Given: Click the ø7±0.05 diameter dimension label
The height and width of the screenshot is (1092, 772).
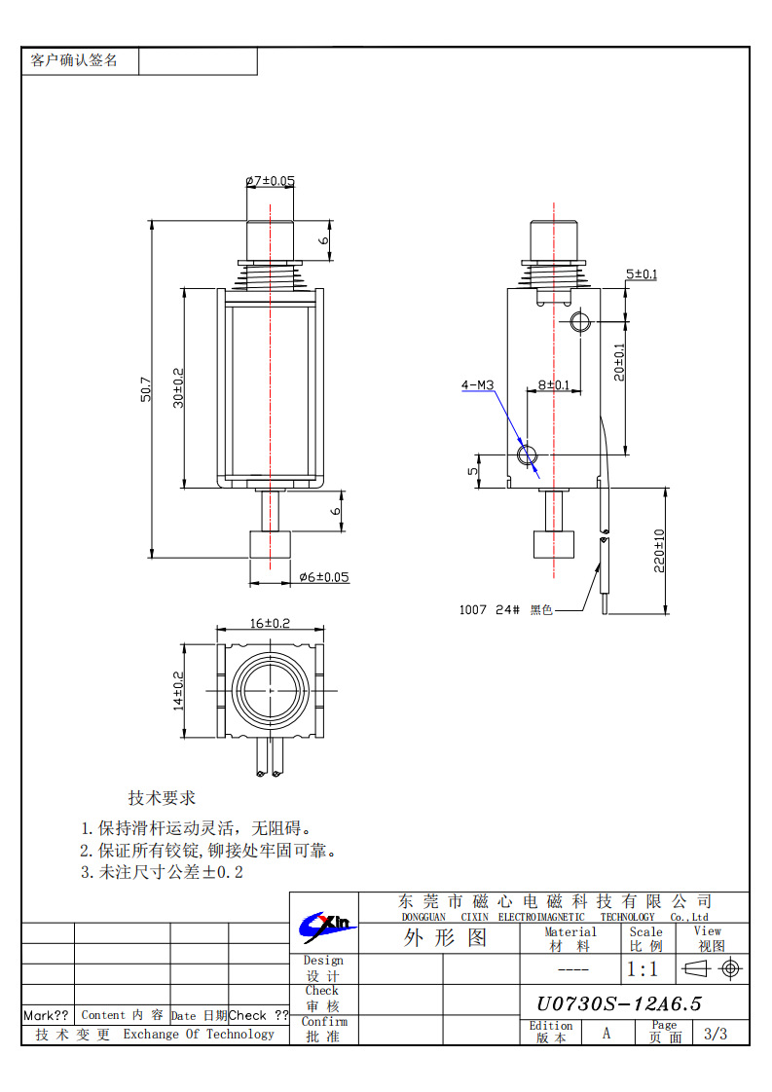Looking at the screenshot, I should (x=270, y=181).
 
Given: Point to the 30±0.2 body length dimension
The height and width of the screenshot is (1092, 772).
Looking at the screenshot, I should (x=178, y=387).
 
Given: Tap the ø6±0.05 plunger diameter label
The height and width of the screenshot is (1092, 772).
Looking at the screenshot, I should (x=323, y=577).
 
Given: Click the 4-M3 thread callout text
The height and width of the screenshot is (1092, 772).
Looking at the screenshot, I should (x=477, y=385).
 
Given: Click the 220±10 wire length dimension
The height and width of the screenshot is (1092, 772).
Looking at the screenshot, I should (x=659, y=551).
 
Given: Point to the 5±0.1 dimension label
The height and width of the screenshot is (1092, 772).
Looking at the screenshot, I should (x=641, y=274).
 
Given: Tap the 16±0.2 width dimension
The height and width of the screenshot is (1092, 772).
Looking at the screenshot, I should (x=270, y=623).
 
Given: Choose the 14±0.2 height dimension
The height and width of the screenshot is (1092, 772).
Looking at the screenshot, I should (x=178, y=690).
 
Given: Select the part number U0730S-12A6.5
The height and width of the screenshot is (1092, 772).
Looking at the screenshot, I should (x=619, y=1003).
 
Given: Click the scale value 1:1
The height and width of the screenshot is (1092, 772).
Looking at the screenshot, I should (x=643, y=969).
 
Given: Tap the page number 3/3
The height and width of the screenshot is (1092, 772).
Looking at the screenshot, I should (x=715, y=1034).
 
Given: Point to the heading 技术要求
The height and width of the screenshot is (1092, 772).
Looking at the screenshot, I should (x=162, y=798).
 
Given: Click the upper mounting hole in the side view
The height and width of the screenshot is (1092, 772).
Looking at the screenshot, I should (x=580, y=321).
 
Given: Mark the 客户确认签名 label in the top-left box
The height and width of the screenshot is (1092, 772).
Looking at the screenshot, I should (x=74, y=60).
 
